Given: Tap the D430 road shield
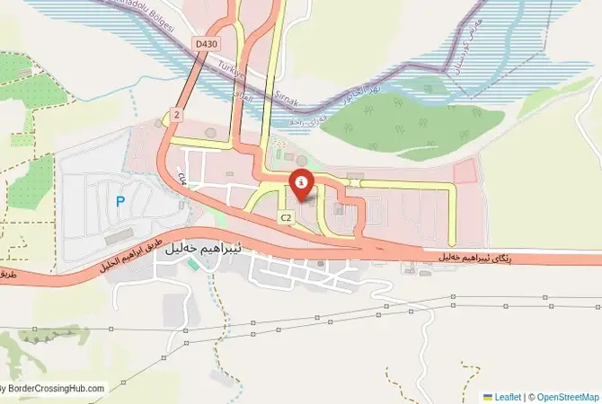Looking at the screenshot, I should click(x=207, y=43).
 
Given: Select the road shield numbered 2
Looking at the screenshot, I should click(x=177, y=115).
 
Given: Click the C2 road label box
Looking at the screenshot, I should click(x=286, y=217).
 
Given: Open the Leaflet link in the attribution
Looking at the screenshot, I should click(x=509, y=397).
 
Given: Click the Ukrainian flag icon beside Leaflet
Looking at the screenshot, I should click(x=488, y=397).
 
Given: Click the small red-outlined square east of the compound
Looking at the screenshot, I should click(x=465, y=172).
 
